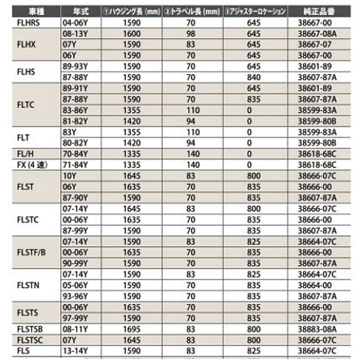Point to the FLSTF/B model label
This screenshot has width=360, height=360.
coord(31,252)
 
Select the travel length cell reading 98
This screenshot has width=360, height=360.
coord(191,34)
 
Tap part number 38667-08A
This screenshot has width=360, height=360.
coord(318,34)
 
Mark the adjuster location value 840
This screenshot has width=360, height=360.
coord(254,77)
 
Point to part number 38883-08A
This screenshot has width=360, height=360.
coord(318,329)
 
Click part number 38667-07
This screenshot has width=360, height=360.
coord(315,45)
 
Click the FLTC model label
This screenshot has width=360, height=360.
coord(26,105)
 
